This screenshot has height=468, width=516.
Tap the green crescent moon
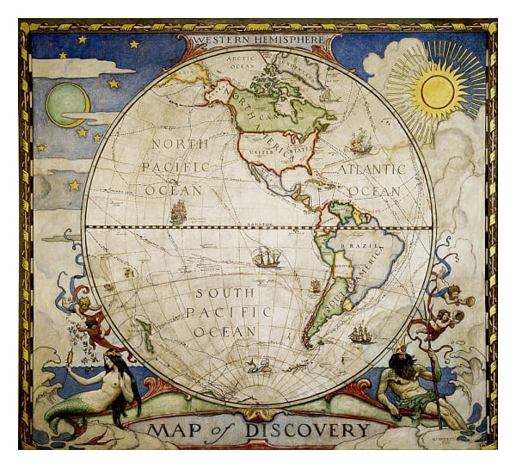(67, 104)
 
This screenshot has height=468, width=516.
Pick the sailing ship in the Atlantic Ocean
(361, 141)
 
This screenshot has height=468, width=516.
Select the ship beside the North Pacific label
(179, 212)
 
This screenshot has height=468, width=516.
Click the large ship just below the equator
(267, 256)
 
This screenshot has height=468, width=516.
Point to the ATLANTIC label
(371, 170)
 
